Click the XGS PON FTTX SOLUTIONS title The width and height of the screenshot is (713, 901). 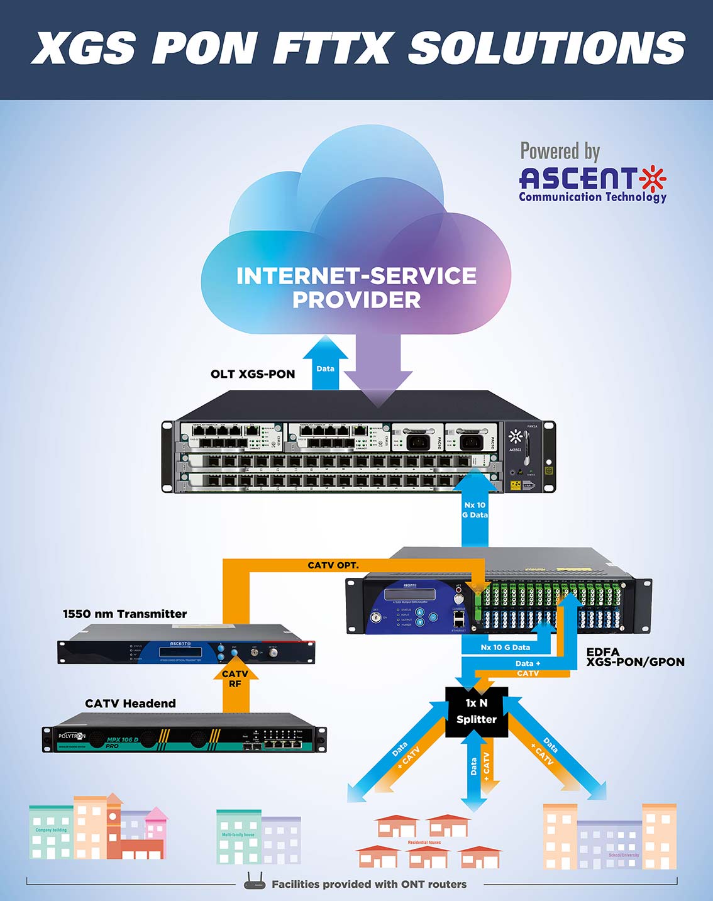point(357,48)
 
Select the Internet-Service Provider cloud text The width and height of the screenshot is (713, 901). point(356,287)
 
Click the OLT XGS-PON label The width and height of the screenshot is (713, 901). point(253,374)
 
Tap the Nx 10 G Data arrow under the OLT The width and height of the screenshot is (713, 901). point(475,510)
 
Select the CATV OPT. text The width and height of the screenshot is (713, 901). point(333,565)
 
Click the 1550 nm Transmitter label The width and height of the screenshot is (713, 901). point(125,614)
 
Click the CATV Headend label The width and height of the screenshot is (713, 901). point(130,704)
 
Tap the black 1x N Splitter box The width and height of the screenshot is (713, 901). point(476,711)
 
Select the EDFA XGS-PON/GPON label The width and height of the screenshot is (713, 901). point(635,657)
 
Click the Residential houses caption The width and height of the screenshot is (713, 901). point(424,843)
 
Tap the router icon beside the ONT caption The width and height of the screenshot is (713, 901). point(255,882)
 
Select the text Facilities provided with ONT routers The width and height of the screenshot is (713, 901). point(369,885)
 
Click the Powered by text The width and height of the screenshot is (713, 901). point(560,152)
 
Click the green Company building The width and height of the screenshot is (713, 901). point(51,832)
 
